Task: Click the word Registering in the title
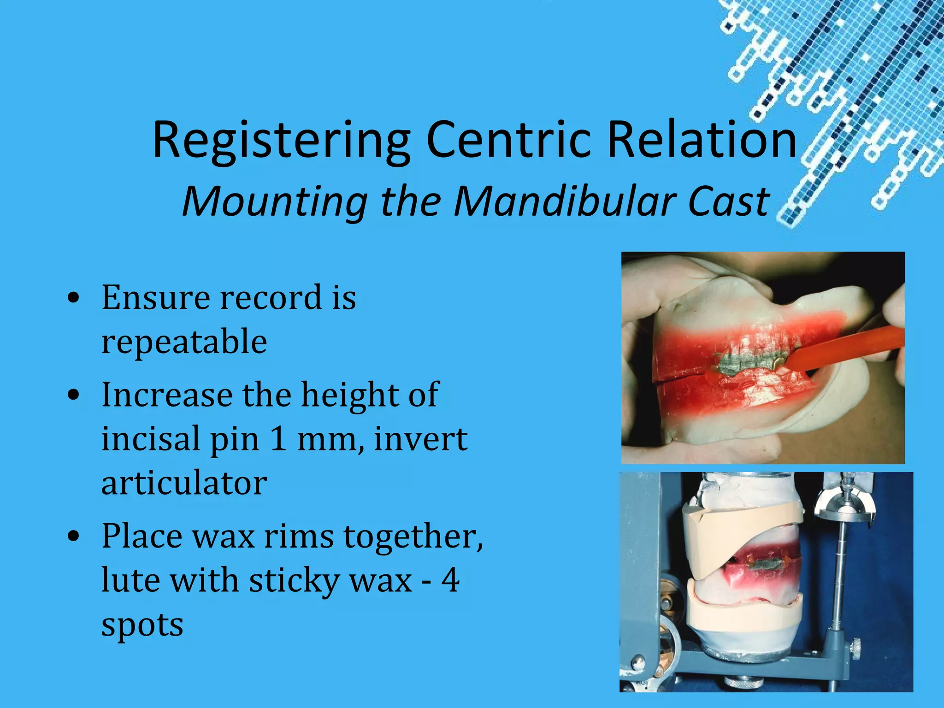(281, 141)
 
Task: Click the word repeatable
(184, 342)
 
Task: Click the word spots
(142, 625)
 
